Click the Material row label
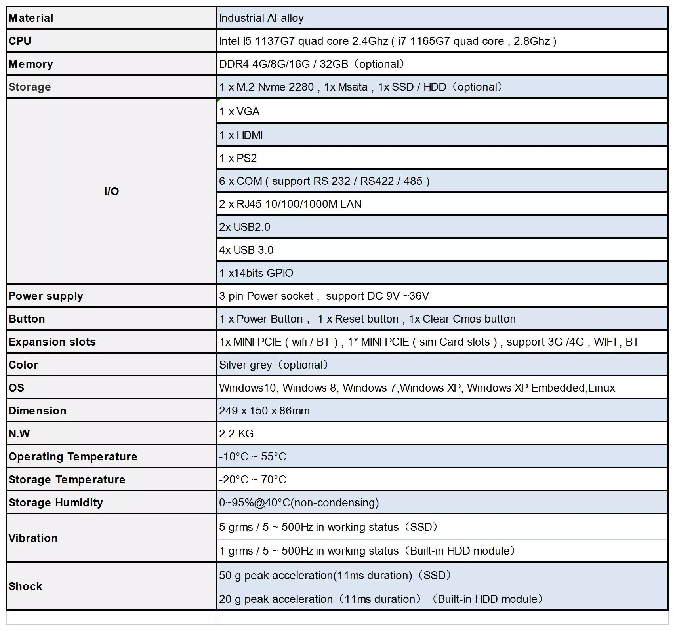[31, 18]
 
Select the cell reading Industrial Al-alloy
[261, 18]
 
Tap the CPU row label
[20, 41]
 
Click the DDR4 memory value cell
[311, 64]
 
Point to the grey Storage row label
[30, 87]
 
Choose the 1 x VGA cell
[240, 112]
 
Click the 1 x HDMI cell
[241, 135]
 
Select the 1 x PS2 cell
[238, 158]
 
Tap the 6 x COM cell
[324, 181]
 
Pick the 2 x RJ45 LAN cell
[290, 204]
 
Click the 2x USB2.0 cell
[245, 227]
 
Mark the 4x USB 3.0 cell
[246, 250]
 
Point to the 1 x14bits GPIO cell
[256, 273]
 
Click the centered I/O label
[112, 192]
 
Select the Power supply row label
[46, 296]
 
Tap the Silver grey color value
[273, 365]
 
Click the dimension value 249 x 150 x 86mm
[264, 411]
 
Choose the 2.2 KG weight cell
[236, 434]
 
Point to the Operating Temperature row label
[73, 457]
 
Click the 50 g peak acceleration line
[335, 576]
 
